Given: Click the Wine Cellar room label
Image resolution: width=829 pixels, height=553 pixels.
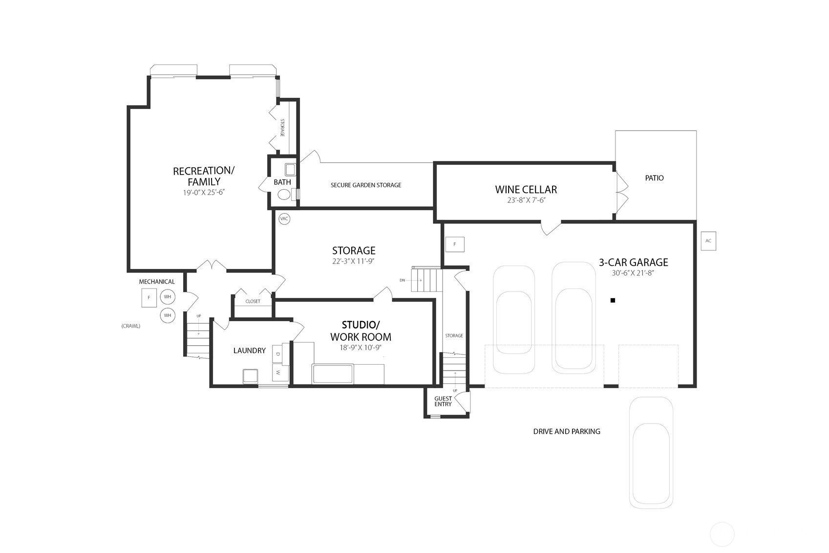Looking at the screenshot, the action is (526, 190).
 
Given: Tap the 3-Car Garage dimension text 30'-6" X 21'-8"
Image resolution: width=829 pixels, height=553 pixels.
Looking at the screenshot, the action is (634, 273).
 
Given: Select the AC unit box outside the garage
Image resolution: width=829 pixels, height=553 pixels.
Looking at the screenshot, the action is (708, 241).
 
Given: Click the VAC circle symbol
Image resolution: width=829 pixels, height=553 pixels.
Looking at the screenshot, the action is (284, 219).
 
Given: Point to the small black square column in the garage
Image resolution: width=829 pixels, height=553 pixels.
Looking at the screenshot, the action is (613, 300).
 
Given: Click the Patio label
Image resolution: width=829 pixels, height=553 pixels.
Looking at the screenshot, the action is (654, 178).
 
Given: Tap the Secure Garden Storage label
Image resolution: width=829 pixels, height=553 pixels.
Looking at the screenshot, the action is (366, 185).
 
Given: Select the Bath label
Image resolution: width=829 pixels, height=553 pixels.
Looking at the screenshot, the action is (282, 182).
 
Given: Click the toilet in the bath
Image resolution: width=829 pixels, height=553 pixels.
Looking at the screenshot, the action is (284, 194).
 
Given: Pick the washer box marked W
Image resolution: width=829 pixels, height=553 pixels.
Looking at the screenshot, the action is (280, 372).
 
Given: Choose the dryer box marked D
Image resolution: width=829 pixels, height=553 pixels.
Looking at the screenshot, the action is (278, 354).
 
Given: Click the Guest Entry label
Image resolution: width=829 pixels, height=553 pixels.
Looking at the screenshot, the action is (443, 401).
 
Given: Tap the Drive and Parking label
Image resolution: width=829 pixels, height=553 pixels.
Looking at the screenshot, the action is (567, 432).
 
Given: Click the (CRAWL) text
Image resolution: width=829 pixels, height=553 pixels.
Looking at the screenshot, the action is (130, 326).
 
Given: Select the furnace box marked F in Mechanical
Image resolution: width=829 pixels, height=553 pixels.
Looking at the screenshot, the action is (149, 297).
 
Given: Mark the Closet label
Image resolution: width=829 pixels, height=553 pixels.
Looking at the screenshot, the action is (253, 302).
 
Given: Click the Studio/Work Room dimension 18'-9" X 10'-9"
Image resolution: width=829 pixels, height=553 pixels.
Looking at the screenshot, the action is (361, 348).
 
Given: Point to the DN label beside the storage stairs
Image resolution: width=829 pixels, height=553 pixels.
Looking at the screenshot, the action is (402, 280).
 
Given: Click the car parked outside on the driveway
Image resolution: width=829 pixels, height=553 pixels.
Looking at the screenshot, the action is (651, 453).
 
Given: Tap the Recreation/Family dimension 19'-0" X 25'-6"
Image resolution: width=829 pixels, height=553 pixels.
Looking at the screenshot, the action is (204, 193).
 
